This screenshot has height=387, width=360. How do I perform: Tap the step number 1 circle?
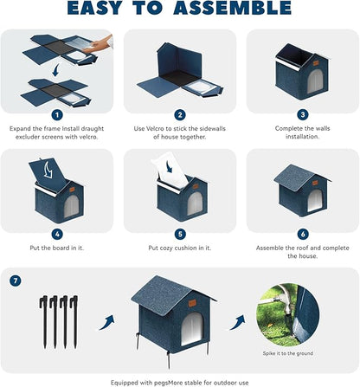coord(56,114)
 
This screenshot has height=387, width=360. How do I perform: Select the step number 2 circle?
coord(180,114)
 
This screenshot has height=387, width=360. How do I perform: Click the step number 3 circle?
coord(302,114)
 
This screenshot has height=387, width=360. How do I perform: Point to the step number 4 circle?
coord(56,233)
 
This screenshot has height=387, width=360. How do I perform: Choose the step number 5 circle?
coord(180,233)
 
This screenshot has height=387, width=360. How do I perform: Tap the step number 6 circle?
coord(302,233)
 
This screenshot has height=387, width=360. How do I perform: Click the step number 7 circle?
coord(16,281)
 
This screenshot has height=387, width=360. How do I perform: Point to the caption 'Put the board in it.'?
coord(56,247)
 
